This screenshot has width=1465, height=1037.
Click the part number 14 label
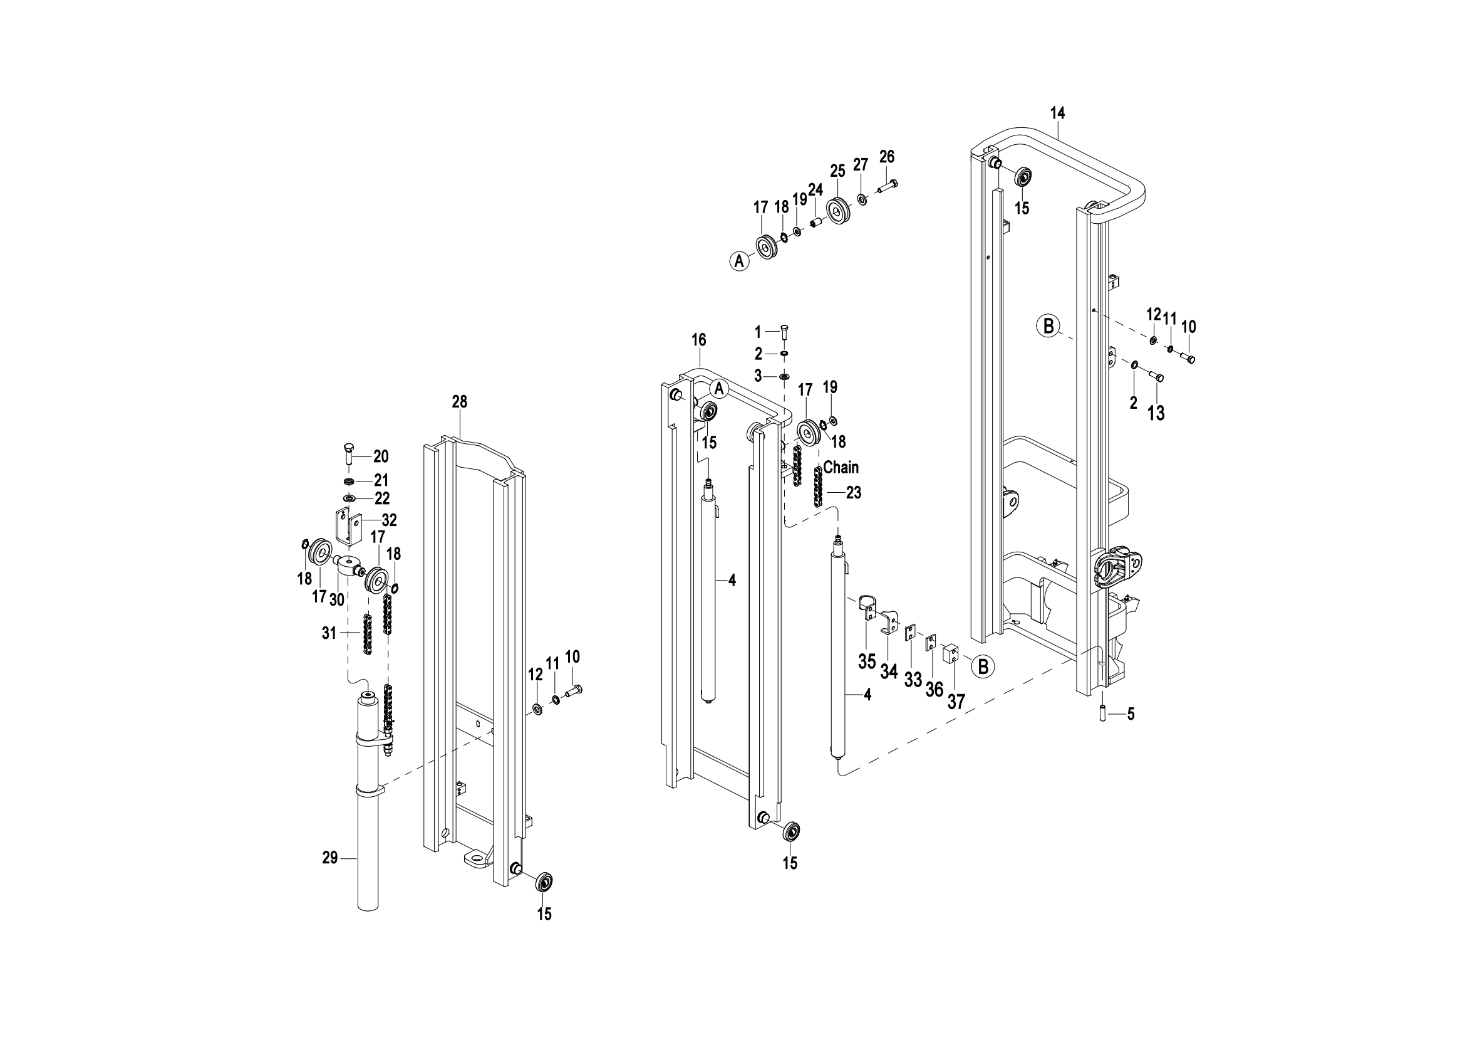pyautogui.click(x=1057, y=113)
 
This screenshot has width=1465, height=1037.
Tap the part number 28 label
pyautogui.click(x=459, y=402)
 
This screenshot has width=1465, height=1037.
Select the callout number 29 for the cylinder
pyautogui.click(x=330, y=858)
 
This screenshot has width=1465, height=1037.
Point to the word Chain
pyautogui.click(x=841, y=468)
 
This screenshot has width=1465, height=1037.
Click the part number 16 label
pyautogui.click(x=699, y=340)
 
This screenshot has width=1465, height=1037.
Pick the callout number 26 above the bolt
pyautogui.click(x=887, y=157)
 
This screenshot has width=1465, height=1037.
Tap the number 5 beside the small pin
pyautogui.click(x=1131, y=715)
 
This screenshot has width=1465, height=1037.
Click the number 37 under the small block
pyautogui.click(x=956, y=702)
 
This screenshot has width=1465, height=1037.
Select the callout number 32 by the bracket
pyautogui.click(x=389, y=520)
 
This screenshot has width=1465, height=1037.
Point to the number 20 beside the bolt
pyautogui.click(x=381, y=456)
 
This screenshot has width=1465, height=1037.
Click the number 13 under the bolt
pyautogui.click(x=1156, y=414)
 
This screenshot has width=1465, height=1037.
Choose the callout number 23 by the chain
pyautogui.click(x=854, y=493)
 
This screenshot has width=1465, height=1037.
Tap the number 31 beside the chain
pyautogui.click(x=329, y=633)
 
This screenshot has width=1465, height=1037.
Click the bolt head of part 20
pyautogui.click(x=348, y=446)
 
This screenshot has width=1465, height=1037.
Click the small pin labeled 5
pyautogui.click(x=1102, y=713)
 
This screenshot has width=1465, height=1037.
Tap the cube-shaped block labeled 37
pyautogui.click(x=951, y=653)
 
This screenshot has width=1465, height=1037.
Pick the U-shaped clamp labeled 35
pyautogui.click(x=866, y=609)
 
